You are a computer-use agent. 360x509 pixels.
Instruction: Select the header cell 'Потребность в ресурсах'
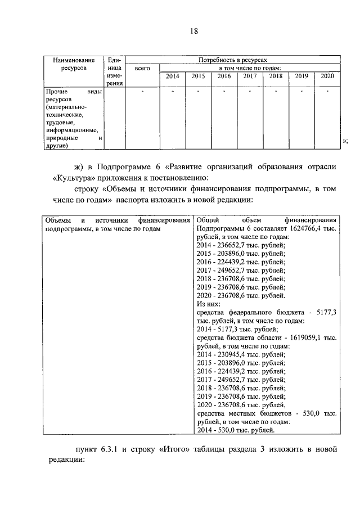232,59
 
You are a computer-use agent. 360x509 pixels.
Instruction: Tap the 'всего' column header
142,68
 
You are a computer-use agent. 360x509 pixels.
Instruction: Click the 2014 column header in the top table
172,76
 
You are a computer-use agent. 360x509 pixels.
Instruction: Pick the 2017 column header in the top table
249,76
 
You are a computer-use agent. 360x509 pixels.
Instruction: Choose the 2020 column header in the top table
327,76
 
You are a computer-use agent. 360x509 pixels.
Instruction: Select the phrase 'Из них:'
209,303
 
